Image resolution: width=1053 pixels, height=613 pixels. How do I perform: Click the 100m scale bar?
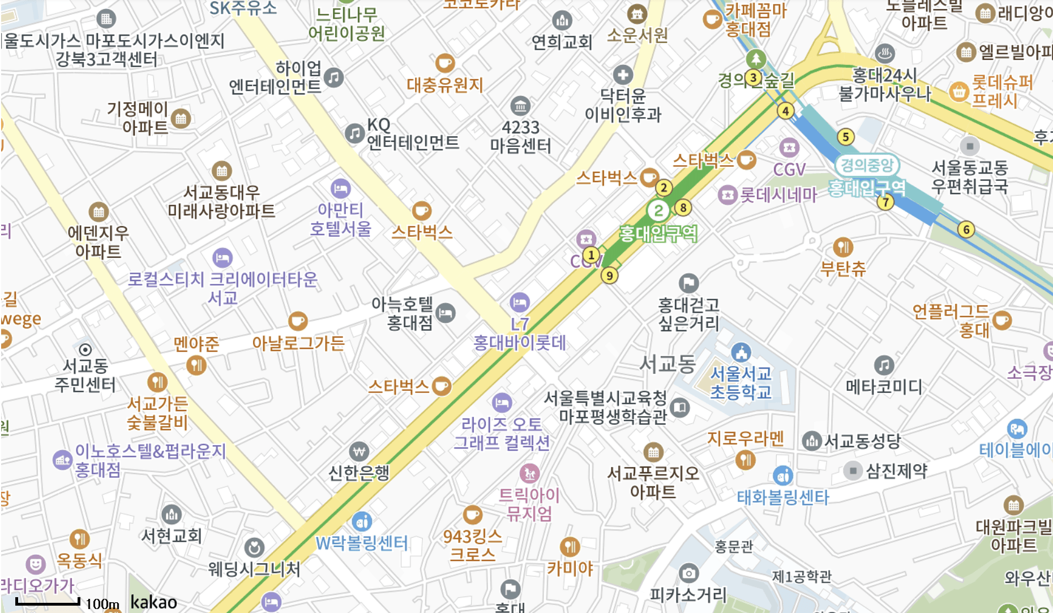pos(48,602)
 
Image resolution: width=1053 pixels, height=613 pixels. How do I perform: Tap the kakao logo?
pos(153,602)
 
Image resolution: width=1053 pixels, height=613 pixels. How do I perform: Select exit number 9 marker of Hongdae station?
pos(609,275)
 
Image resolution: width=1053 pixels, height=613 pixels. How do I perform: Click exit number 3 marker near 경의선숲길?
pos(753,77)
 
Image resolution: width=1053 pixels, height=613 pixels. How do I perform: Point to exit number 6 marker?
pos(966,230)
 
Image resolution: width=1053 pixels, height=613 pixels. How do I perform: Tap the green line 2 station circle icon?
pos(658,211)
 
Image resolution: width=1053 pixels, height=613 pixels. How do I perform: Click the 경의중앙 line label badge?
pos(867,165)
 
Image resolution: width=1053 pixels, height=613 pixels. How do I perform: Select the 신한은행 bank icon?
pos(359,452)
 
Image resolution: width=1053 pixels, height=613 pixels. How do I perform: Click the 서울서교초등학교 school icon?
pos(741,352)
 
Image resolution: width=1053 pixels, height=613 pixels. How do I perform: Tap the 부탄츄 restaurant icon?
pos(843,247)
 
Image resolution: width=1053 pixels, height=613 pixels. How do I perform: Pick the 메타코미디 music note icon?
pos(884,365)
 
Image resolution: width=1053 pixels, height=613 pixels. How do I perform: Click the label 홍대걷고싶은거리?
pos(688,314)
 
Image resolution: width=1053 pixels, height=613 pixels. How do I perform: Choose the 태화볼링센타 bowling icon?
pos(782,476)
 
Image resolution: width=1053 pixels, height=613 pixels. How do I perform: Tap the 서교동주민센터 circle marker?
pos(85,349)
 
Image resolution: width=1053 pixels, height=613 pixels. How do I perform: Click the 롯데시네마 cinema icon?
pos(727,195)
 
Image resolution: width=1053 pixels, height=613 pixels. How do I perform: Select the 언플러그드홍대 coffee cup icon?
pos(1001,320)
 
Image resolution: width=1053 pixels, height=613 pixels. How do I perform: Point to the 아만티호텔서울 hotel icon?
pos(340,188)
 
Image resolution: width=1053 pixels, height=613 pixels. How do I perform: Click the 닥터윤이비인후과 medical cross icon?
pos(623,75)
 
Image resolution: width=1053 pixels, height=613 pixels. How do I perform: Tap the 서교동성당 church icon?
pos(812,441)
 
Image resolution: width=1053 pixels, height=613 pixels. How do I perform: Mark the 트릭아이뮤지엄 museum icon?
pos(529,473)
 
